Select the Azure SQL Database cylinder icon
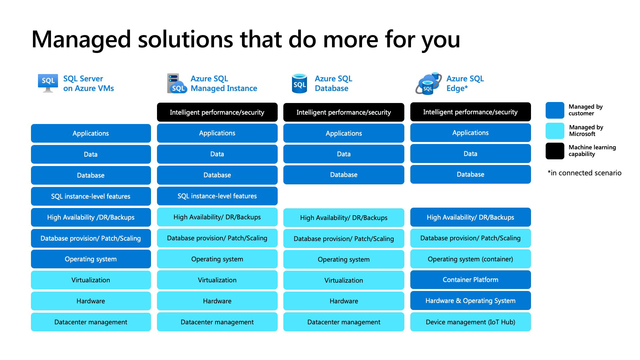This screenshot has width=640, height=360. pyautogui.click(x=299, y=83)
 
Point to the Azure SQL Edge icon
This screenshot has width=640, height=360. pyautogui.click(x=428, y=83)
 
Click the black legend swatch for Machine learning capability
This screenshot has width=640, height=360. pyautogui.click(x=555, y=151)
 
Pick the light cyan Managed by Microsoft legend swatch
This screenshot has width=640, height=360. pyautogui.click(x=555, y=131)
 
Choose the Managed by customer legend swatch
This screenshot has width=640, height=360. pyautogui.click(x=555, y=110)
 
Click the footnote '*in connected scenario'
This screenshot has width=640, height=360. pyautogui.click(x=584, y=173)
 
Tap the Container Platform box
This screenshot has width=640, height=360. pyautogui.click(x=470, y=280)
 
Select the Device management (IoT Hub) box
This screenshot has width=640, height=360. pyautogui.click(x=470, y=322)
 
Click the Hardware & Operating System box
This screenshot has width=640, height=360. pyautogui.click(x=470, y=301)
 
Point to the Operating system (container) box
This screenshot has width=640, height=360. pyautogui.click(x=470, y=259)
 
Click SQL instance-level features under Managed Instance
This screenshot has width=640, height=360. pyautogui.click(x=217, y=196)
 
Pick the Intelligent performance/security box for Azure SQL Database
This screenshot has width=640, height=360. pyautogui.click(x=344, y=112)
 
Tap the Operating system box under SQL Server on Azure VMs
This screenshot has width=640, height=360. pyautogui.click(x=91, y=259)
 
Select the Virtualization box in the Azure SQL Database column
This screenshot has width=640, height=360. pyautogui.click(x=344, y=280)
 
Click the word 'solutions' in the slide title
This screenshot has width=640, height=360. pyautogui.click(x=185, y=39)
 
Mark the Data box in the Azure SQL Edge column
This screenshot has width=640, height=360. pyautogui.click(x=470, y=154)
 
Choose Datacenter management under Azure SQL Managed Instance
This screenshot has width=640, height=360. pyautogui.click(x=217, y=322)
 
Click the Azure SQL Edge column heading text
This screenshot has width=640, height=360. pyautogui.click(x=465, y=83)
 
